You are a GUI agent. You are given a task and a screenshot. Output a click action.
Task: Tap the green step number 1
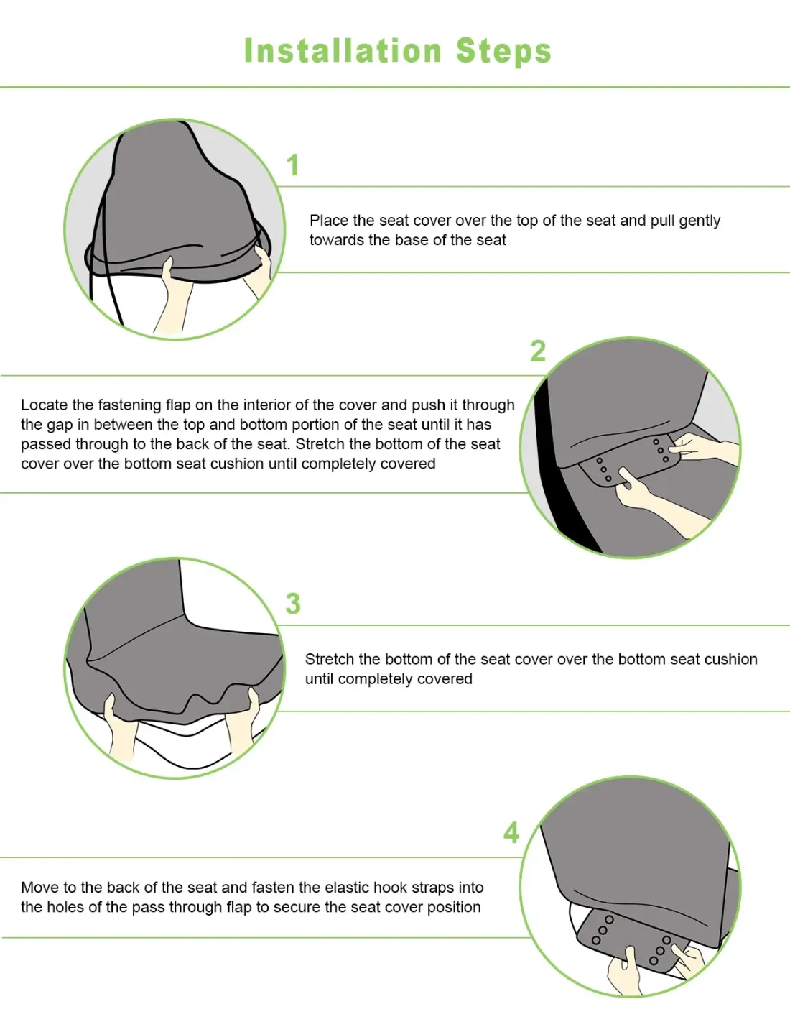[293, 165]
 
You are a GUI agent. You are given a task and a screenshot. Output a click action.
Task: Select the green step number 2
[538, 351]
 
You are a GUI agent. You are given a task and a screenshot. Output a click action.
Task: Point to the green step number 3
[293, 604]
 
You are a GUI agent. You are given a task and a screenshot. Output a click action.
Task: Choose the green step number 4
[511, 832]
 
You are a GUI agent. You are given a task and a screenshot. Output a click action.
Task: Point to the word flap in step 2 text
[177, 405]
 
